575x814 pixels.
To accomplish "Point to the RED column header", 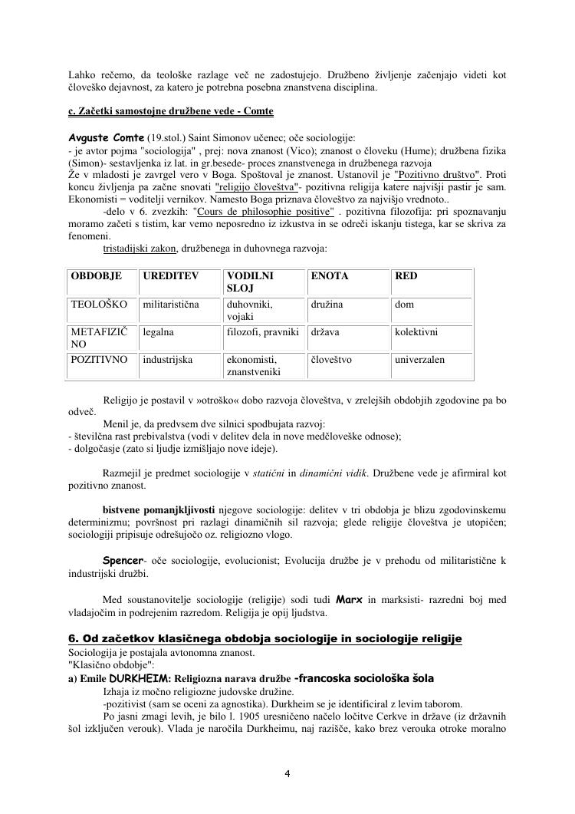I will (x=406, y=275).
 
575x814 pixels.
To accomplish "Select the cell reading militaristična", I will (x=171, y=305).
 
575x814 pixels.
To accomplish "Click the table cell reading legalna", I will (x=158, y=332).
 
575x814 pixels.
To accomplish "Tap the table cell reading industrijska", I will (x=167, y=359).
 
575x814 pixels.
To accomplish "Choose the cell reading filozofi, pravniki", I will (x=262, y=332).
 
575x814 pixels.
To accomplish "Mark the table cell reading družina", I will (x=327, y=305).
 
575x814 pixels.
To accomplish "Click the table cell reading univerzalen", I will (x=419, y=359).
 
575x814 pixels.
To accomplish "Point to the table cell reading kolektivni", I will (x=416, y=332).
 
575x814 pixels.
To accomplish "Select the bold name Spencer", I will (x=123, y=562).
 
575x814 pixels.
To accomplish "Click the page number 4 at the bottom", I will (x=287, y=773).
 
